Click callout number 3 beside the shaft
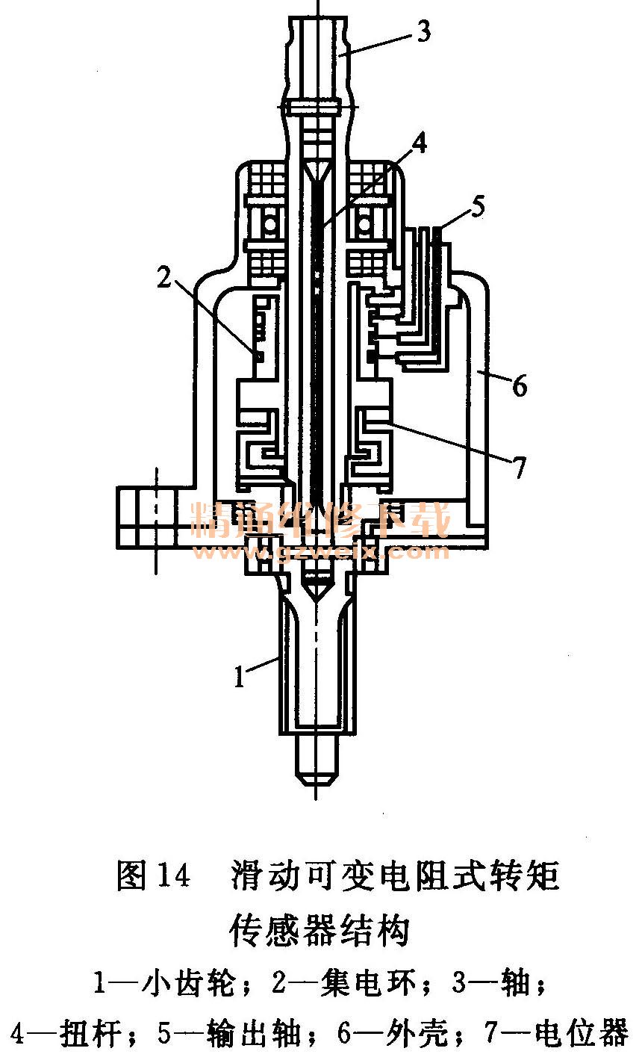pyautogui.click(x=424, y=31)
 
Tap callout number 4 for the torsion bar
pyautogui.click(x=419, y=143)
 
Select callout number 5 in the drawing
pyautogui.click(x=478, y=206)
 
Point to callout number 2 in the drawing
pyautogui.click(x=164, y=276)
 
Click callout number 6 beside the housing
pyautogui.click(x=520, y=385)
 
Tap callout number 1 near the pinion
pyautogui.click(x=240, y=676)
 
